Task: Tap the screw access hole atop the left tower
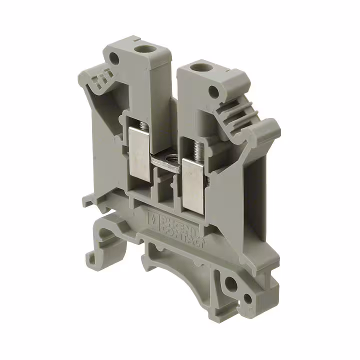(x=147, y=50)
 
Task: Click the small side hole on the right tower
(x=214, y=91)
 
